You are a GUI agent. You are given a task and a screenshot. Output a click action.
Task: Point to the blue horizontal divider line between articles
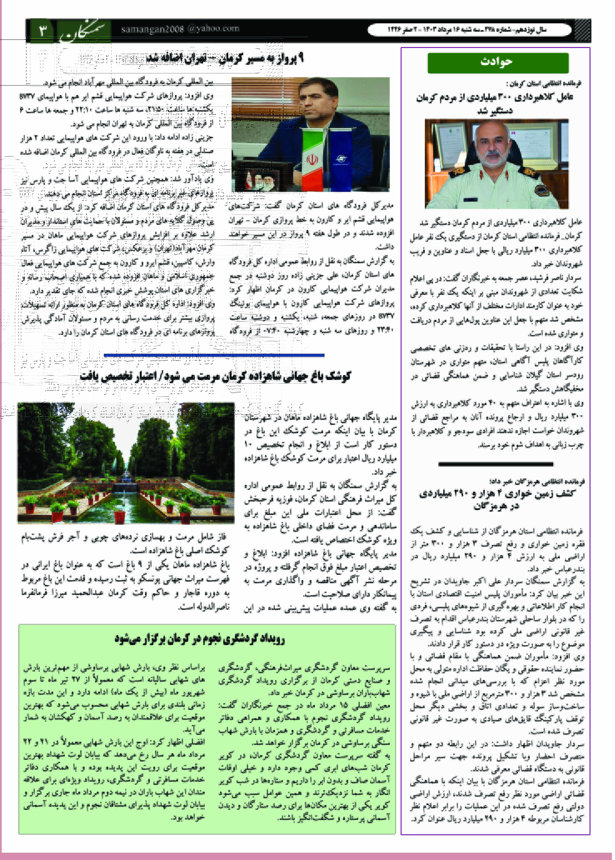click(214, 355)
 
